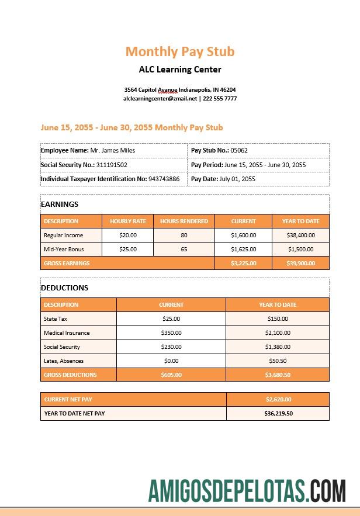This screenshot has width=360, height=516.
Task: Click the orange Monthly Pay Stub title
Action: [180, 51]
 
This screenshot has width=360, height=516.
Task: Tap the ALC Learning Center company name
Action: [180, 70]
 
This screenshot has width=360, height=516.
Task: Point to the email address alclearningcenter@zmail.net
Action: [160, 99]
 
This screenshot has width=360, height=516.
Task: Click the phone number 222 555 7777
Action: [220, 99]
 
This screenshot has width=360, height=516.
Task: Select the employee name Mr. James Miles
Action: [113, 150]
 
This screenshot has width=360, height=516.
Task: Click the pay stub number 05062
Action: [239, 150]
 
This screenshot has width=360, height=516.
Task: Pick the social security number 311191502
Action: [112, 165]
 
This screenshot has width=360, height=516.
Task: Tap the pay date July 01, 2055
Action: [237, 179]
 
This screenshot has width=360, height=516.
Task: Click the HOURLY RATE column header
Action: [128, 221]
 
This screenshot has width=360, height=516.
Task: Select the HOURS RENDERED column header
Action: [184, 221]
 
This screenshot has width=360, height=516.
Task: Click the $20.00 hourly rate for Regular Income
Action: [128, 235]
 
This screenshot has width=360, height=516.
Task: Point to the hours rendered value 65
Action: [184, 249]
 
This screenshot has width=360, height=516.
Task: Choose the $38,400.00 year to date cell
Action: [300, 235]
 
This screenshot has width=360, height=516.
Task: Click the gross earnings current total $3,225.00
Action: [243, 263]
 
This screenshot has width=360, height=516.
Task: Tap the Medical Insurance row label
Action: [67, 333]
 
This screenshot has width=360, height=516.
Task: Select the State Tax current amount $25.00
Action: [171, 318]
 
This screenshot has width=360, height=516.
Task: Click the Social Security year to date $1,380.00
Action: [278, 347]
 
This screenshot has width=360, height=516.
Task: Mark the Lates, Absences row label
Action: [64, 361]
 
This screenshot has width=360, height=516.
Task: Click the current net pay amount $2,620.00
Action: [278, 400]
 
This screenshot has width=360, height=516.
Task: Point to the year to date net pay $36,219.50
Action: [278, 413]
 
